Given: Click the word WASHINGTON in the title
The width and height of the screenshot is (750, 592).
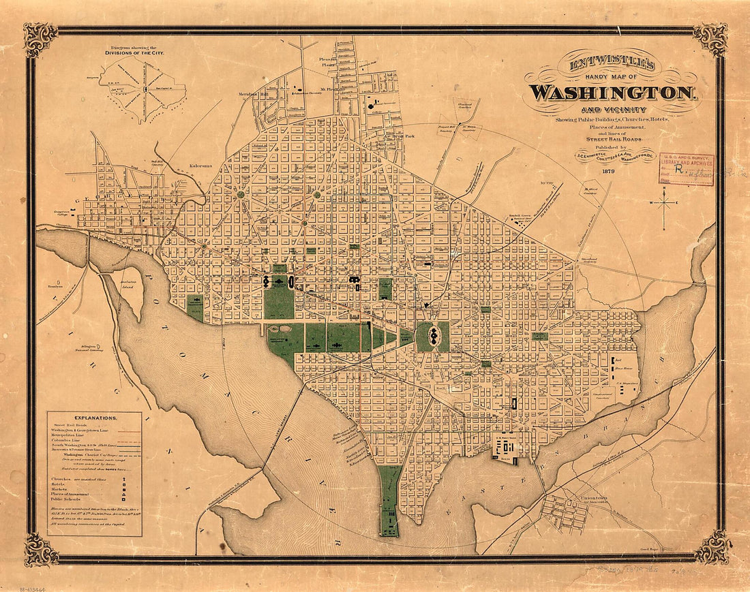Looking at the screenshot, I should point(612,92).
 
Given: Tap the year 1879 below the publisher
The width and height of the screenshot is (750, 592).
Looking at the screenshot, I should point(605,172).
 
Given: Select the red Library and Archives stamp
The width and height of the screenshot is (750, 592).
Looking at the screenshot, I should point(686,169).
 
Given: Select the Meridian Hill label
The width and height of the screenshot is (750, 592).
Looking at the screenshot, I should point(252,95).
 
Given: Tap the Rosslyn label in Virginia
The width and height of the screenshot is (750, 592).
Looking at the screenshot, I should point(55,286).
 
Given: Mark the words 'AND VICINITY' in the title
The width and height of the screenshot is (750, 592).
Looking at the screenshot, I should point(611,110).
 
